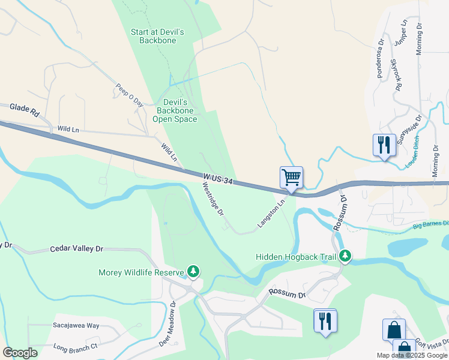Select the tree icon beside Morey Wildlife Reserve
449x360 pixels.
[193, 272]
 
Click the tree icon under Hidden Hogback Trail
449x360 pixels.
[345, 256]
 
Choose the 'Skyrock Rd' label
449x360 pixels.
[396, 74]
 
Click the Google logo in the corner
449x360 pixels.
[20, 352]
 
